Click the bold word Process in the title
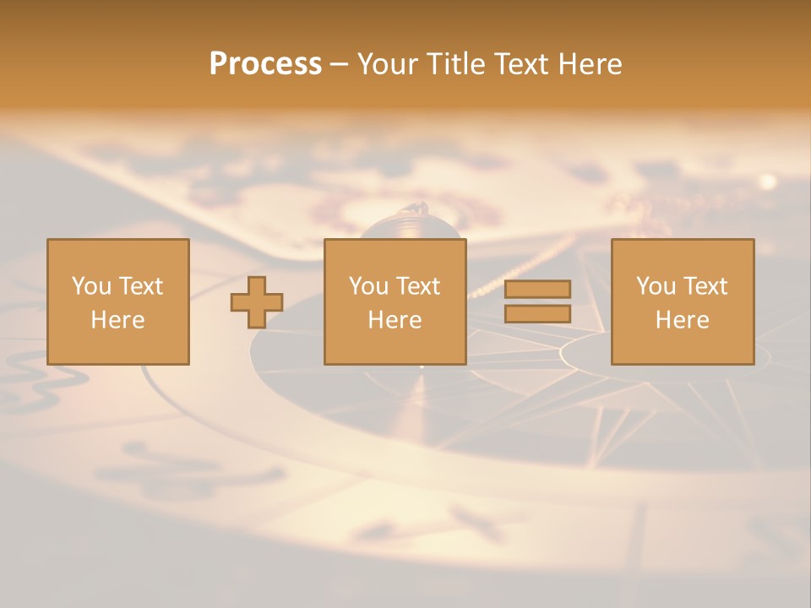pos(265,64)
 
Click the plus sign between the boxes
pos(257,302)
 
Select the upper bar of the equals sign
pos(537,289)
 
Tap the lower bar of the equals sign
pos(537,314)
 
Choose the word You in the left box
pos(91,286)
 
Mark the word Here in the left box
pos(117,320)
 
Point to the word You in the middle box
pos(368,286)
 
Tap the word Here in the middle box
pos(395,320)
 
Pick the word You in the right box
pos(656,286)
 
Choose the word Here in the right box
pos(682,320)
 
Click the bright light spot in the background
pos(768,181)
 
